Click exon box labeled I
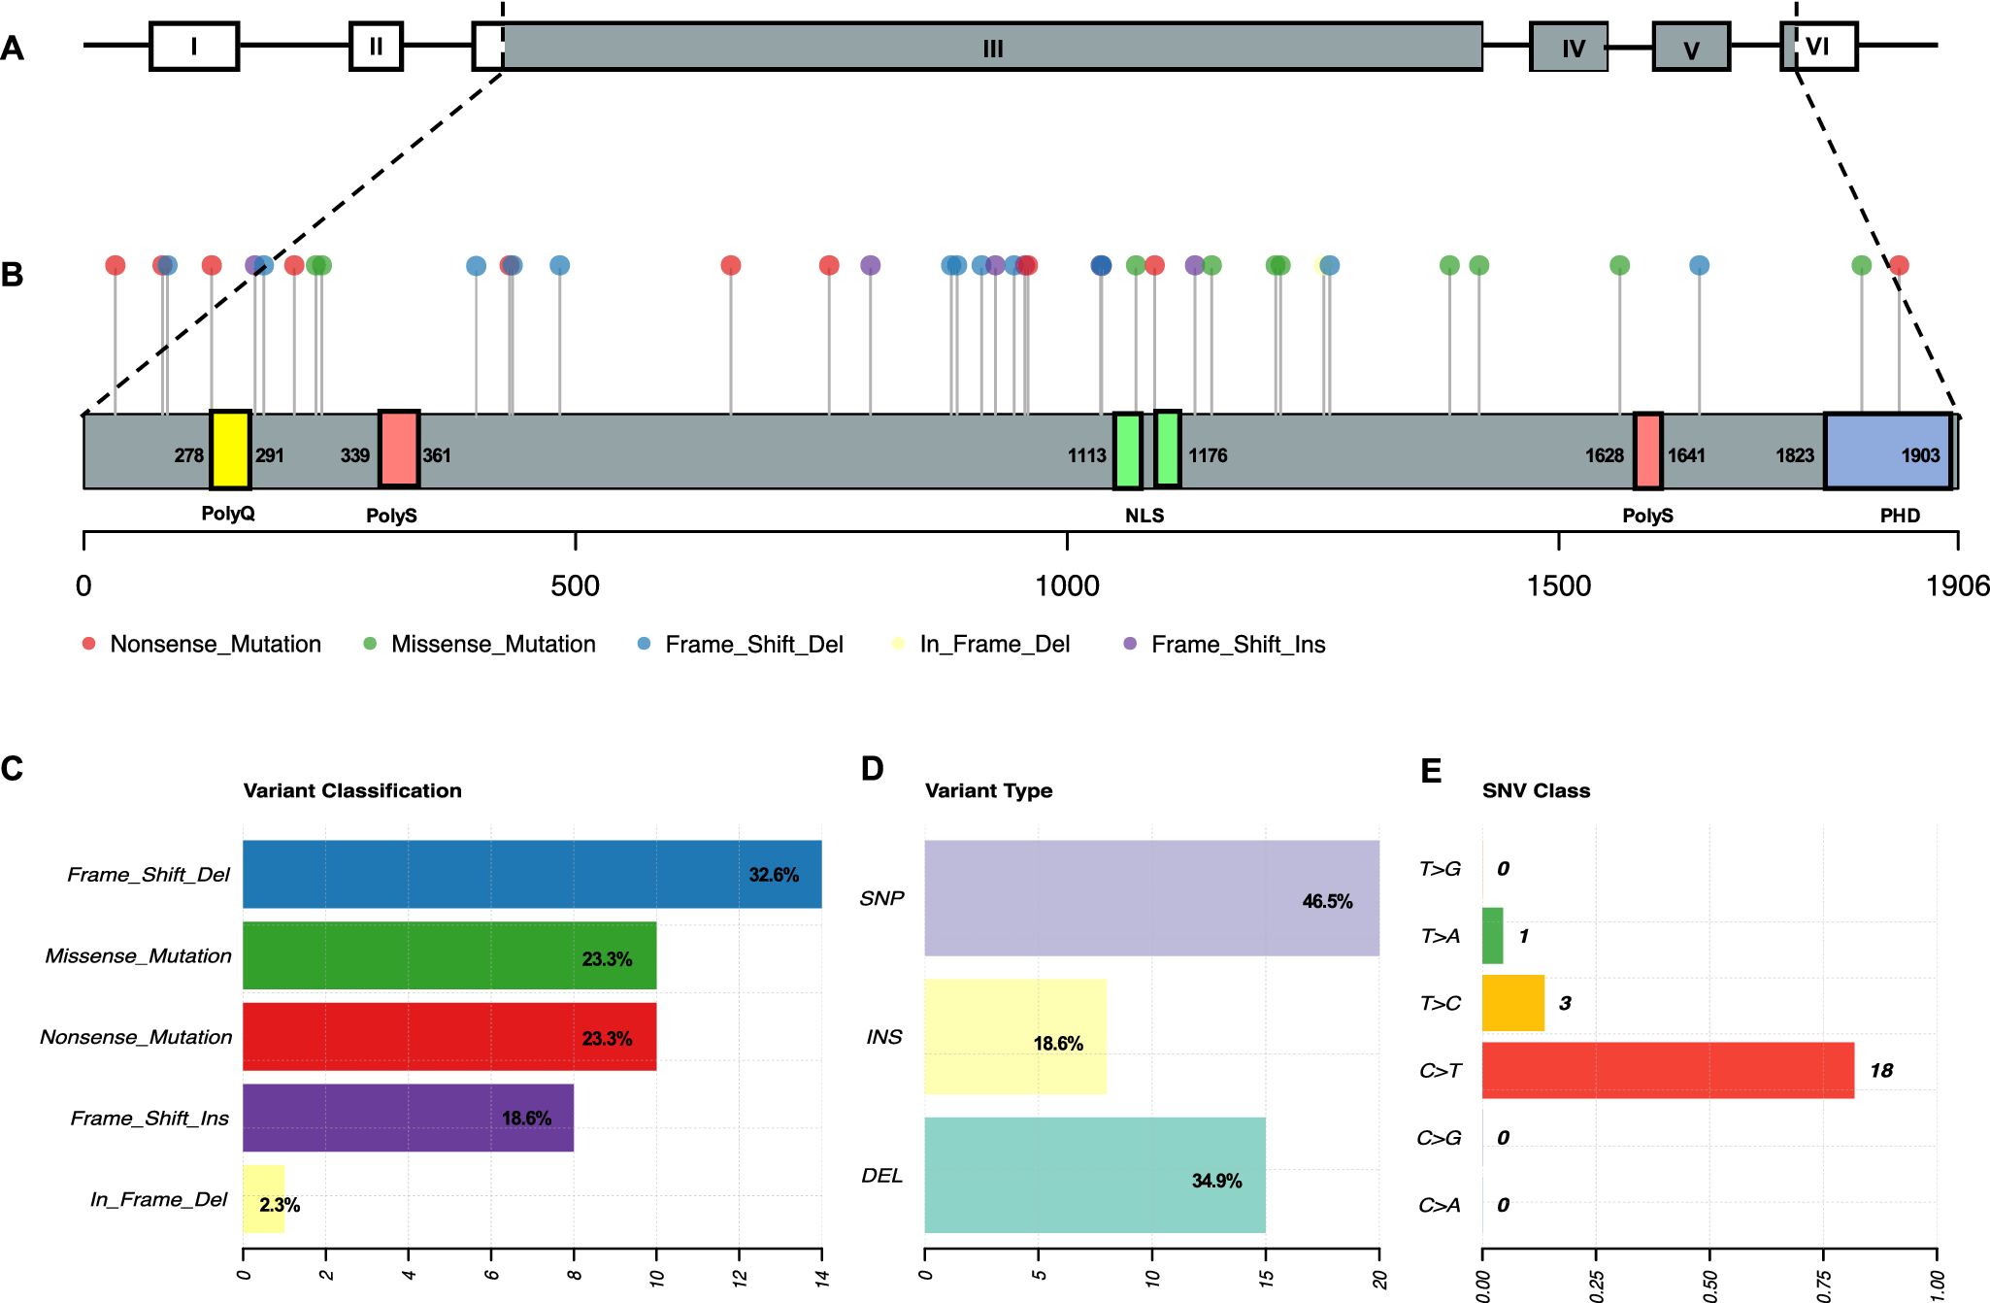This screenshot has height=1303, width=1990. click(x=194, y=46)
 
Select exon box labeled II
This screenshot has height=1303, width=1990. click(x=376, y=46)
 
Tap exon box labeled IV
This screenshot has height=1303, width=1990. click(x=1569, y=47)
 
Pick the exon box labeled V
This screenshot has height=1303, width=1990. click(x=1691, y=47)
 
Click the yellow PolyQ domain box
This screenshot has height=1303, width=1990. click(x=230, y=450)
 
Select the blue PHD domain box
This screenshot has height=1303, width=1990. click(x=1888, y=451)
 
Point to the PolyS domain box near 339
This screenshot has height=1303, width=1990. click(x=399, y=449)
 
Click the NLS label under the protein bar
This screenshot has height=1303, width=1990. click(x=1144, y=516)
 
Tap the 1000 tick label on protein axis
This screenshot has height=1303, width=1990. click(x=1067, y=585)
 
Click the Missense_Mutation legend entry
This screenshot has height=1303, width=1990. click(x=480, y=644)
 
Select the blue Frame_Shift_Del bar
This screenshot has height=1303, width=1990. click(x=532, y=874)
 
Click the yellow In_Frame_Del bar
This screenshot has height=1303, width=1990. click(x=263, y=1199)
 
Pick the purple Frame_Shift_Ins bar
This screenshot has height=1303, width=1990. click(x=408, y=1118)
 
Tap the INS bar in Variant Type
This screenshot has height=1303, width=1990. click(x=1015, y=1037)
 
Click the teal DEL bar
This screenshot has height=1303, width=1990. click(x=1095, y=1175)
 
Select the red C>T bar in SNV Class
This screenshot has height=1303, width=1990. click(x=1668, y=1070)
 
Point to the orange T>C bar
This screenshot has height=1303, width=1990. click(x=1513, y=1003)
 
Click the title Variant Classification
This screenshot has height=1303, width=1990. click(x=352, y=790)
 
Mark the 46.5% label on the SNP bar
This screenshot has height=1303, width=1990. click(x=1327, y=901)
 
